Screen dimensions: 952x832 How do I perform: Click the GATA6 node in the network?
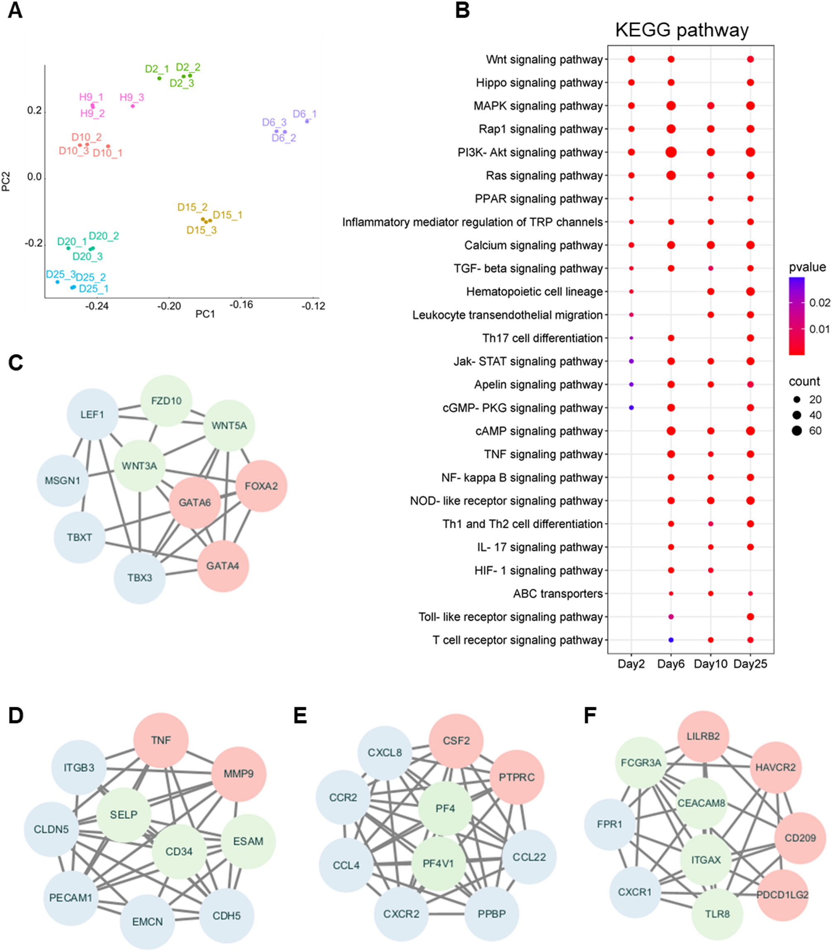[x=195, y=502]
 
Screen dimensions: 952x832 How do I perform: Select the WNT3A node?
[x=139, y=466]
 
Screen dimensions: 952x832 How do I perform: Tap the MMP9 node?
[x=239, y=774]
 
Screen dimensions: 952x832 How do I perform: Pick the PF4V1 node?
[x=438, y=863]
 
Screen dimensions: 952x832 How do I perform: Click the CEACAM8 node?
[x=701, y=803]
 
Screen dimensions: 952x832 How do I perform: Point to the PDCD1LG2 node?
[x=782, y=894]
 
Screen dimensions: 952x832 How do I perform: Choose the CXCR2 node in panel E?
[x=401, y=914]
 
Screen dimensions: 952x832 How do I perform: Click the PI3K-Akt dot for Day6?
[x=670, y=152]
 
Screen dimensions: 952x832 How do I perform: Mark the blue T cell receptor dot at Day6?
[x=670, y=640]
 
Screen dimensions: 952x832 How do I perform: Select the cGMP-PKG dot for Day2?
[x=631, y=408]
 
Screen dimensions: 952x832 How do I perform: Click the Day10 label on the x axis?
[x=710, y=664]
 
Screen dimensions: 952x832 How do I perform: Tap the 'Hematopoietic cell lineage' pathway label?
[x=535, y=292]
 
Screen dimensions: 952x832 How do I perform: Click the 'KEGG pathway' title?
[x=682, y=30]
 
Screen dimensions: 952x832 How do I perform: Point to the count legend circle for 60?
[x=797, y=431]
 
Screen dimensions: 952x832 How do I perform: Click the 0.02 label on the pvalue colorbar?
[x=820, y=303]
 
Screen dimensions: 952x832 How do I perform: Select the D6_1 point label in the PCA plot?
[x=305, y=114]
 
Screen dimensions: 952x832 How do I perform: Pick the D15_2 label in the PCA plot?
[x=192, y=207]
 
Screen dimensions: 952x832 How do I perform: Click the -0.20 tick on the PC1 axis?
[x=169, y=306]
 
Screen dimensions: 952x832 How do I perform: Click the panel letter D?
[x=16, y=716]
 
